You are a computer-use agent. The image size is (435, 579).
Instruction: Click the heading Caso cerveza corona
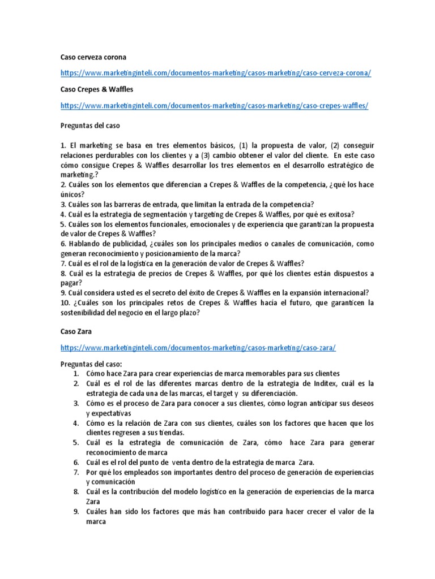(93, 58)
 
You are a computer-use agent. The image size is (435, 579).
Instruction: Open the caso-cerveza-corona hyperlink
(215, 74)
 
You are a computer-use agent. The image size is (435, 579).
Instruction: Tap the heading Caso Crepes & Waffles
(96, 89)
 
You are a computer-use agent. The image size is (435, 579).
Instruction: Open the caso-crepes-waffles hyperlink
(214, 106)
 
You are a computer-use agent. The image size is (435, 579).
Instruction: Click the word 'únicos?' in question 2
(72, 194)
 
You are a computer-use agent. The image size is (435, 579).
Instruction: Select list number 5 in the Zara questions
(75, 443)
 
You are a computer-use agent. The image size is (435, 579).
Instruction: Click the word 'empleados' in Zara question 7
(142, 472)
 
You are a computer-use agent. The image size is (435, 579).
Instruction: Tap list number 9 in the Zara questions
(75, 512)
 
